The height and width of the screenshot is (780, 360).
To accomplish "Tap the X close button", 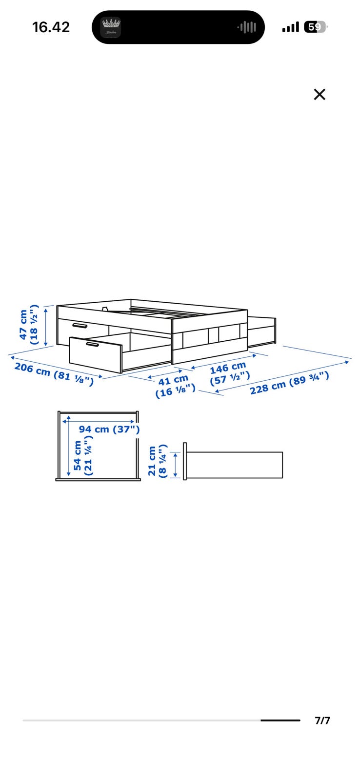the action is click(x=319, y=94).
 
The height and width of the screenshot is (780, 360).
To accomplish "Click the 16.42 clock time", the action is click(x=51, y=27).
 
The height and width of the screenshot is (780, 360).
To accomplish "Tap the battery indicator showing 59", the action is click(x=316, y=27).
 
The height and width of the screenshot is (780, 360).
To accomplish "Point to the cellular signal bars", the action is click(x=290, y=27).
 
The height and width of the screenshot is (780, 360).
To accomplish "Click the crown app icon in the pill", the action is click(x=111, y=27).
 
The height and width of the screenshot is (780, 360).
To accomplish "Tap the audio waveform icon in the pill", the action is click(x=247, y=27).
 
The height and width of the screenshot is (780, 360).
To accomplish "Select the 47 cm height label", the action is click(x=23, y=325).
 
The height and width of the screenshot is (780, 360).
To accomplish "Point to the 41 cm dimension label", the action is click(x=173, y=380).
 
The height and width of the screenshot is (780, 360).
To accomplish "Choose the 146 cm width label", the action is click(x=228, y=368).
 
